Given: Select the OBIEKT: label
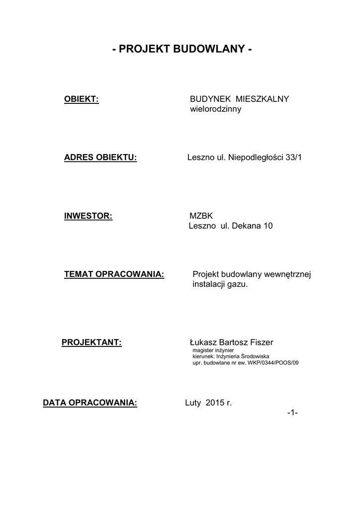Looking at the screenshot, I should click(82, 99).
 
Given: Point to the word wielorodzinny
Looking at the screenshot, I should click(216, 109).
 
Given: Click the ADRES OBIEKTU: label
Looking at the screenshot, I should click(100, 158).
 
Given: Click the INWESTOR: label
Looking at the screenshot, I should click(89, 216).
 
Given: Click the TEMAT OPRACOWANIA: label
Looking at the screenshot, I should click(114, 275).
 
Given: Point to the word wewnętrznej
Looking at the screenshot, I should click(287, 275).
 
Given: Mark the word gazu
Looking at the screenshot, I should click(237, 285).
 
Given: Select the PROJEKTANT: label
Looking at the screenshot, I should click(91, 342).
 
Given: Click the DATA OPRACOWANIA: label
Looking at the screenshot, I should click(90, 403).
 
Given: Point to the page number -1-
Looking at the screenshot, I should click(292, 413).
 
